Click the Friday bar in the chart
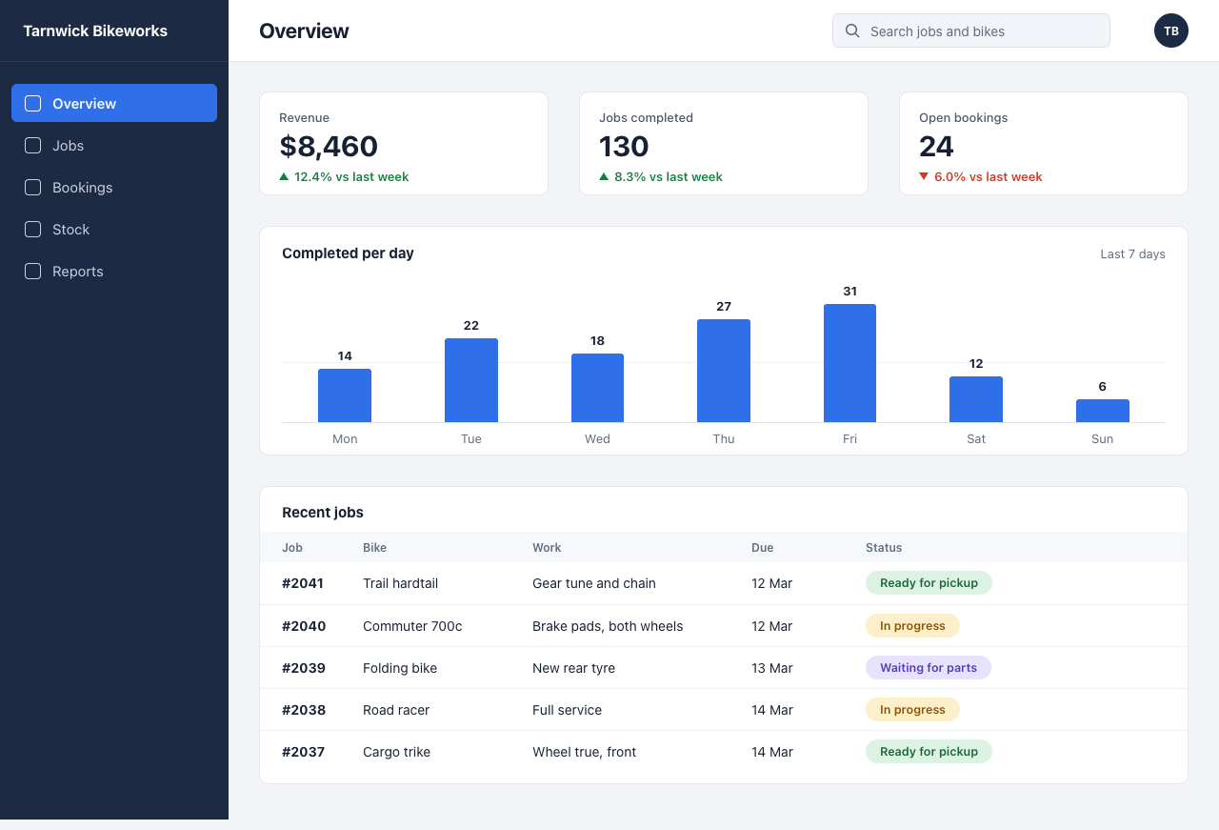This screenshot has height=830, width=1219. (x=849, y=363)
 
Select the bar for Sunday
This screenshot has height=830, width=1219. (x=1102, y=411)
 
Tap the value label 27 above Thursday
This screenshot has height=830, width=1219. (x=723, y=307)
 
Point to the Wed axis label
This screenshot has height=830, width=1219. (x=597, y=439)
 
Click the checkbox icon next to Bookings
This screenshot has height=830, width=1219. (x=32, y=188)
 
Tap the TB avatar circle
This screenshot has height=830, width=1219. (x=1170, y=31)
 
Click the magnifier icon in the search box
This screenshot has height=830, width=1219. (x=852, y=31)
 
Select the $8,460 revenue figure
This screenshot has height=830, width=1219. (x=329, y=146)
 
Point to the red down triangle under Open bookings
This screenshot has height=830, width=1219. (x=923, y=176)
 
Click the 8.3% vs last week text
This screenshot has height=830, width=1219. (x=668, y=177)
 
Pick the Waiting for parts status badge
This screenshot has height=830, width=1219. (x=928, y=668)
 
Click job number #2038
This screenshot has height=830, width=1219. (x=304, y=710)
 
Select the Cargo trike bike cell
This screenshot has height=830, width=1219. (x=396, y=752)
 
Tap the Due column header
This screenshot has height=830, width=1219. (x=762, y=548)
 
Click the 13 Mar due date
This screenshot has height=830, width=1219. (x=771, y=668)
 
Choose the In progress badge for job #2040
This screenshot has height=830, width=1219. (x=912, y=626)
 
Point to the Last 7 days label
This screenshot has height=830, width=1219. (x=1132, y=254)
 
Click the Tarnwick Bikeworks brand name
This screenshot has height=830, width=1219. (x=95, y=31)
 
